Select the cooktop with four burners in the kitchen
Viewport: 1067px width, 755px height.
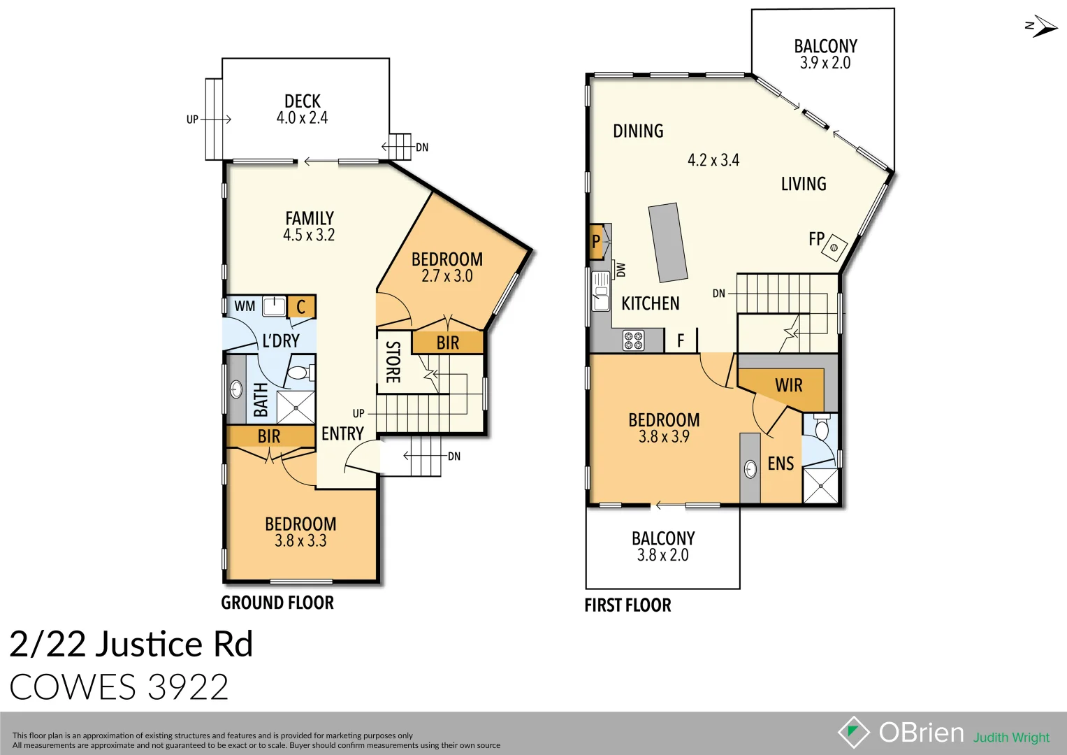click(634, 340)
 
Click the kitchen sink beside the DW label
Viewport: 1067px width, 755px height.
click(600, 291)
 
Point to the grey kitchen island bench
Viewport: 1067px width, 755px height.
click(668, 242)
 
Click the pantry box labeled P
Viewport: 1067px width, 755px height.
click(596, 242)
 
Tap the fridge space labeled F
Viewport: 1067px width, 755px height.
click(681, 340)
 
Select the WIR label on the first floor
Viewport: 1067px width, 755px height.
click(788, 386)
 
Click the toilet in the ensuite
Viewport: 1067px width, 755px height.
click(822, 427)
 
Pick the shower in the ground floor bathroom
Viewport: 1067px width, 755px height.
click(296, 407)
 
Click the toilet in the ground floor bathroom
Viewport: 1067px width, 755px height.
click(300, 372)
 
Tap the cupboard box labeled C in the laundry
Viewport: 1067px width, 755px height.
click(301, 307)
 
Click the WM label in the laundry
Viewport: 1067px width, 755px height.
click(245, 306)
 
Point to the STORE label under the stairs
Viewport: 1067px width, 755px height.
click(393, 362)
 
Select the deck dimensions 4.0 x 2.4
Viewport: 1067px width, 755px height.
click(302, 118)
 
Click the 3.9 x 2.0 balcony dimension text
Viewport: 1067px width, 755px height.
click(825, 63)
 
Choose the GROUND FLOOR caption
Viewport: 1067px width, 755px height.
click(277, 603)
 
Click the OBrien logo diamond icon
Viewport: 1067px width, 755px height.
click(853, 732)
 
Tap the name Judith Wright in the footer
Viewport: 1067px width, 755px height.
click(1011, 738)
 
